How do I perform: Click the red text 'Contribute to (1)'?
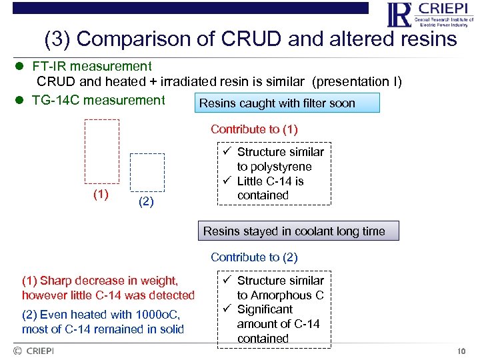pos(254,129)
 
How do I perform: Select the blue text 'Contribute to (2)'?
pos(254,257)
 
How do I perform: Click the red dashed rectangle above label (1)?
pos(102,151)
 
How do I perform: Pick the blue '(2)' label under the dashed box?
pos(146,202)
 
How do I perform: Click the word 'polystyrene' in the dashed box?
pos(274,167)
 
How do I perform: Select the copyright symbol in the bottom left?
pos(17,351)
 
